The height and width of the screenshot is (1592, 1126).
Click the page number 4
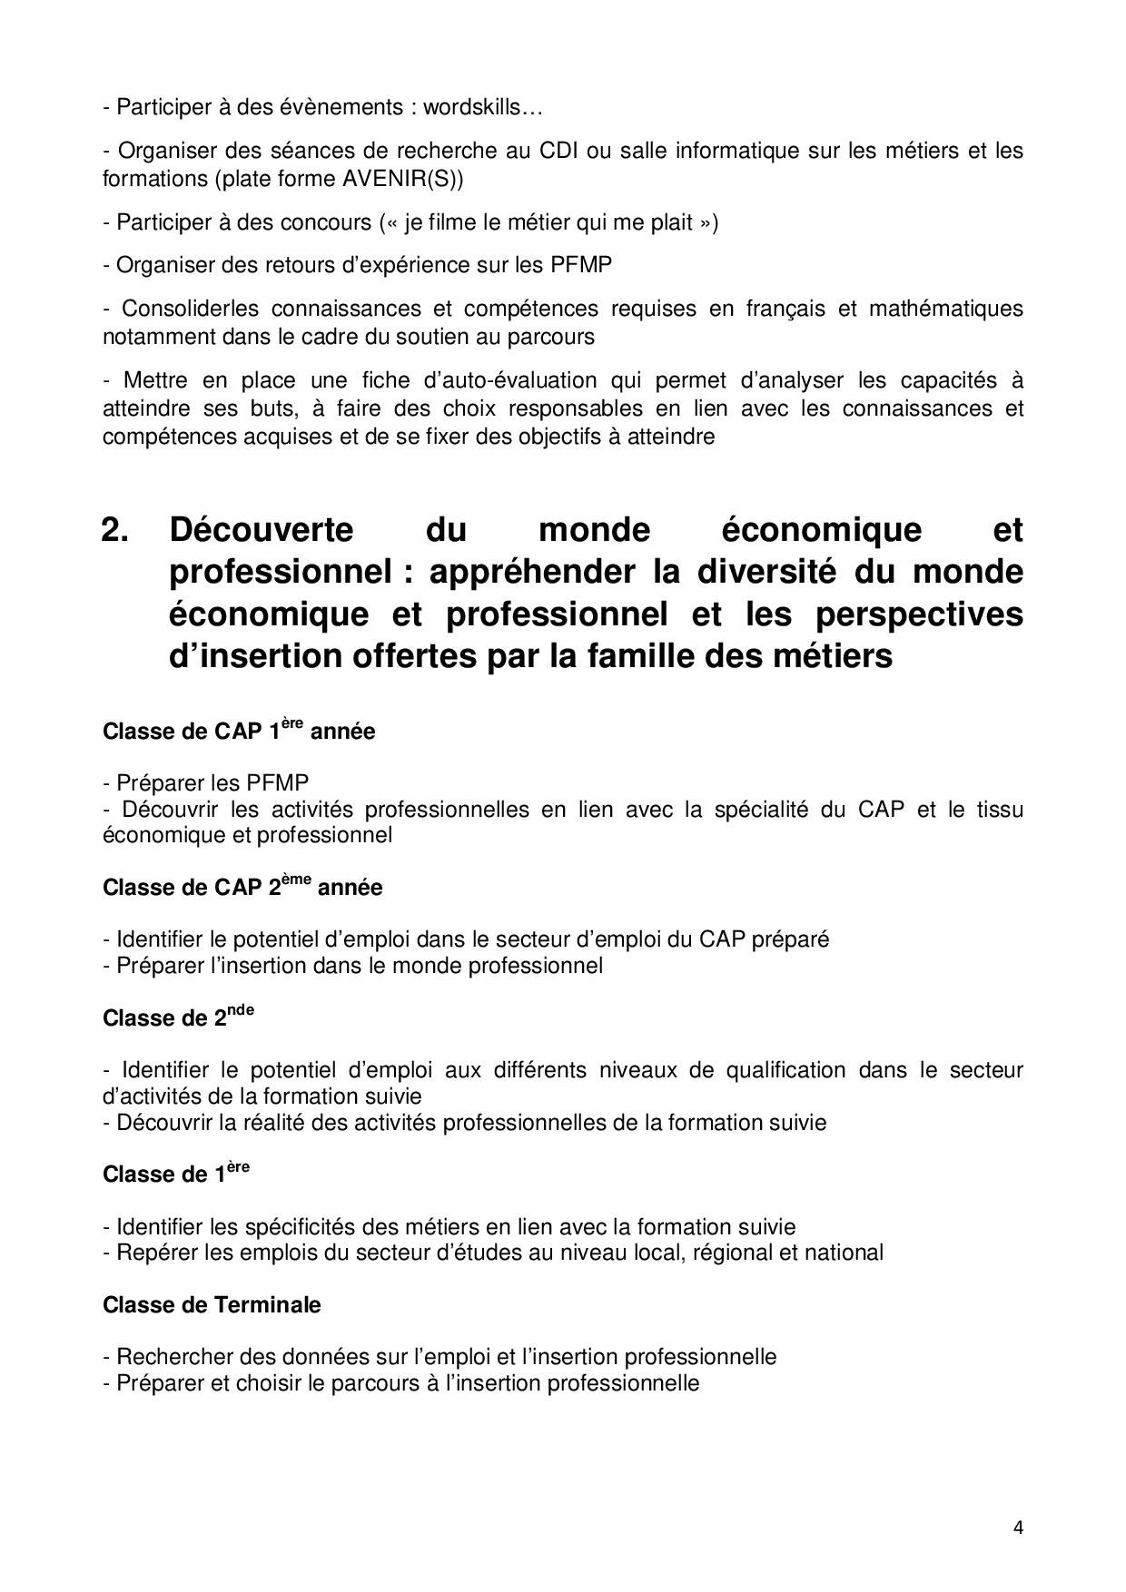tap(1018, 1527)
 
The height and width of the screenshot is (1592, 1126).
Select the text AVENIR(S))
tap(402, 179)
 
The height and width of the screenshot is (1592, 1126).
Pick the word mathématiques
tap(945, 309)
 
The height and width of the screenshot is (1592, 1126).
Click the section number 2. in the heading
tap(115, 529)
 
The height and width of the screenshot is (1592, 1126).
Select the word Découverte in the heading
tap(261, 529)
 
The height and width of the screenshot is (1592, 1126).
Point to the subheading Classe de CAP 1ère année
tap(239, 731)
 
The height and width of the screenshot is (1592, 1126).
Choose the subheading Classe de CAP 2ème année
tap(242, 887)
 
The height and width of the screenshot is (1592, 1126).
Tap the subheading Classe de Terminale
tap(212, 1305)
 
